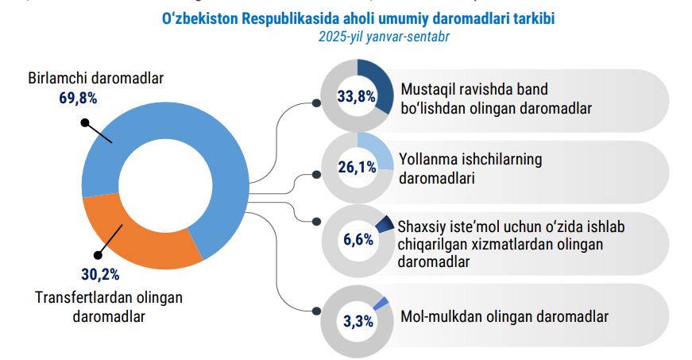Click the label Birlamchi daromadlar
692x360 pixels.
[x=96, y=79]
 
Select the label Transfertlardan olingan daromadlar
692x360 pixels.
[x=109, y=306]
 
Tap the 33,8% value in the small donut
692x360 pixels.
[x=357, y=97]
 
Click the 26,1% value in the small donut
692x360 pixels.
[x=357, y=168]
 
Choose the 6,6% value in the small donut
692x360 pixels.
[x=358, y=239]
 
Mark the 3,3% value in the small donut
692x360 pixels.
[x=358, y=322]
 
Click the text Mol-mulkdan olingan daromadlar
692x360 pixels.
[x=505, y=317]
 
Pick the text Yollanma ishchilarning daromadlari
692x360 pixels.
[x=471, y=168]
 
